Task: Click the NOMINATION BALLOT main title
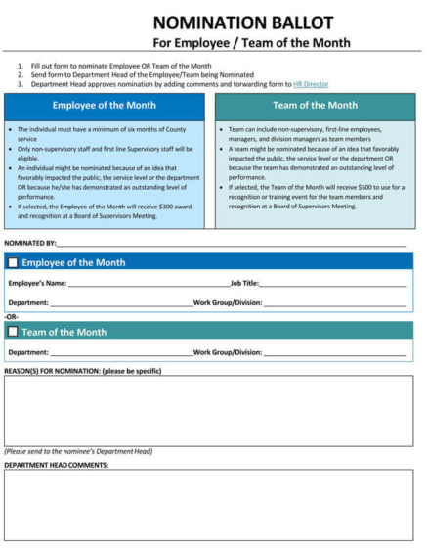250,22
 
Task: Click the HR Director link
311,84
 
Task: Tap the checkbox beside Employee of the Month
12,262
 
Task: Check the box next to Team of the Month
12,332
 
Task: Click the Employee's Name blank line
147,283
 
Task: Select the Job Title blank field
332,283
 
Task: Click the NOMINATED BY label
29,241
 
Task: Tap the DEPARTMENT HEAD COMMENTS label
57,465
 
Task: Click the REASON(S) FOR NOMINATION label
82,371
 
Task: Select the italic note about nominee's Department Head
78,451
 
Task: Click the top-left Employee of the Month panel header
103,105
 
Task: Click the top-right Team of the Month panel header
315,105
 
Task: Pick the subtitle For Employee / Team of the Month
251,43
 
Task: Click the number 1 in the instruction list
20,66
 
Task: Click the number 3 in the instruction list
20,84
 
